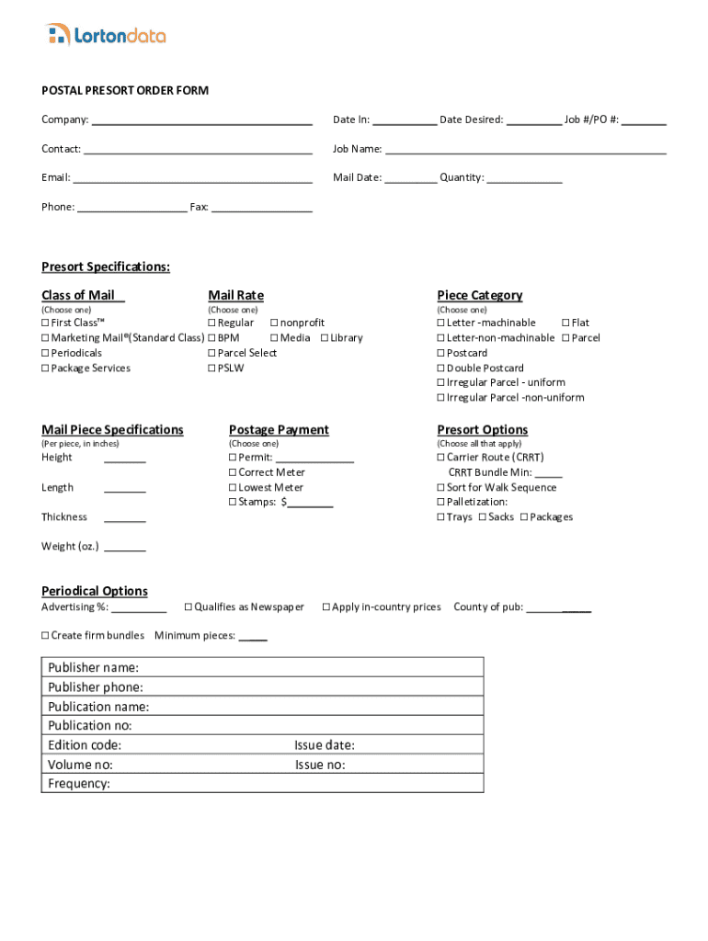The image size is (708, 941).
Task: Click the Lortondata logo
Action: point(106,36)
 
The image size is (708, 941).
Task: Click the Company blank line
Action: point(201,121)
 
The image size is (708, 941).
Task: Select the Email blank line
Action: point(192,179)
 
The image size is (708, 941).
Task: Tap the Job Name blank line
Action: point(525,150)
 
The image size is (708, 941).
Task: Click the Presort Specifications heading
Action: point(106,267)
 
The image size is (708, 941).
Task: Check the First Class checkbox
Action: point(45,323)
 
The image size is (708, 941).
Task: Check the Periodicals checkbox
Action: point(45,354)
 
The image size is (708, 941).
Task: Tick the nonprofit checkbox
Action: point(273,323)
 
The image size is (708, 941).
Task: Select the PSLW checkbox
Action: point(212,368)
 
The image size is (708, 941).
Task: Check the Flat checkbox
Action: point(565,323)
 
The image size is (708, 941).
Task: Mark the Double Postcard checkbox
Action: point(441,368)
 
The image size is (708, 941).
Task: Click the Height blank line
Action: point(124,459)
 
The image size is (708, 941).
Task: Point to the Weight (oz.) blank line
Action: point(124,549)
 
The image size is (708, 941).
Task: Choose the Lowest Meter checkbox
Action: point(233,488)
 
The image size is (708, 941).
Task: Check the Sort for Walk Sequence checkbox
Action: point(441,488)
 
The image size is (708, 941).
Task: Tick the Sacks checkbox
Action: point(483,517)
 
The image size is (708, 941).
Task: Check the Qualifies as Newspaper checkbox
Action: point(188,607)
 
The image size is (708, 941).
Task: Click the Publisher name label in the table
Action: point(94,667)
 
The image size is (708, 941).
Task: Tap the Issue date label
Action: point(325,745)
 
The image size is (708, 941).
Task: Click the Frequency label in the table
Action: point(79,784)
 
